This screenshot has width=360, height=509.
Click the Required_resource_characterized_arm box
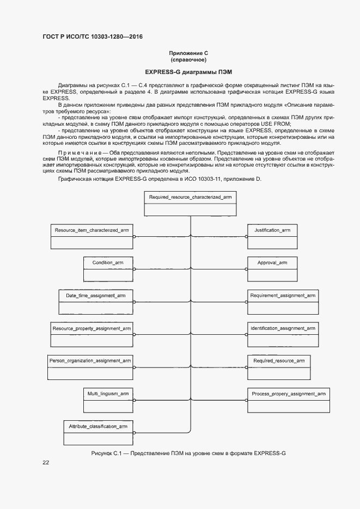coord(190,205)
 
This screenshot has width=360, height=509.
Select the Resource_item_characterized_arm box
coord(92,237)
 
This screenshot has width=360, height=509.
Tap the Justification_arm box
coord(272,237)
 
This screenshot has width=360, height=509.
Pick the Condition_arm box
coord(108,269)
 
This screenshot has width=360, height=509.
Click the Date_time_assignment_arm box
coord(96,302)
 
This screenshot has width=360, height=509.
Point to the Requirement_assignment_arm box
coord(283,302)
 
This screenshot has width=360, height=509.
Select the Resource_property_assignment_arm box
coord(92,335)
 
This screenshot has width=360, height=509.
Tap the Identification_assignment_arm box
coord(283,335)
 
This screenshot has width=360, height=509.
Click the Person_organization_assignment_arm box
coord(90,367)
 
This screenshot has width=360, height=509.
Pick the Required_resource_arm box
coord(278,367)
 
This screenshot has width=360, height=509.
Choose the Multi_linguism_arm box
coord(108,400)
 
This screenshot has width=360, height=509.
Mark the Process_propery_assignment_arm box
coord(288,400)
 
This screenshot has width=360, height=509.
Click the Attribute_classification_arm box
coord(98,432)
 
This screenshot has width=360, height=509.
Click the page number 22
coord(46,463)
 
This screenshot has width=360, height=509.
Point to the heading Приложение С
coord(188,53)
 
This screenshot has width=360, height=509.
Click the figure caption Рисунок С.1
coord(188,453)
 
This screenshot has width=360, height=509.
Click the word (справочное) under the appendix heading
coord(188,59)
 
